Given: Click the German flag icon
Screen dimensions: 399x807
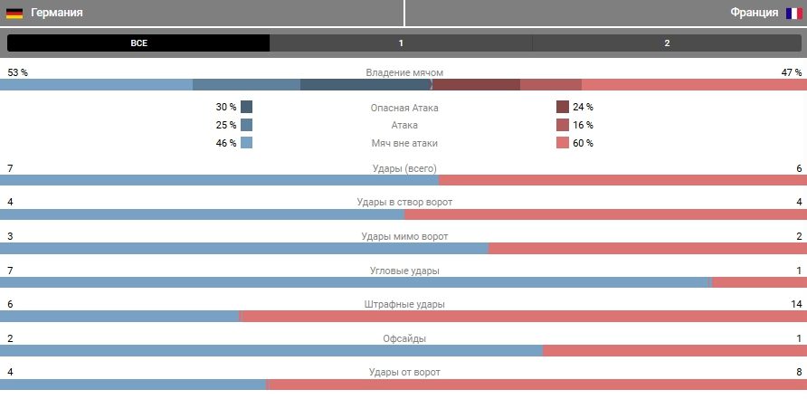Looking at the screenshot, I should [x=14, y=14].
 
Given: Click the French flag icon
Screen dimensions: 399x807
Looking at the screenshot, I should [x=793, y=14].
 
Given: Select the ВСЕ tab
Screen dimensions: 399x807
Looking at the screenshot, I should [x=138, y=43].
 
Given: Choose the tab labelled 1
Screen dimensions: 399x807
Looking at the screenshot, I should [x=401, y=43].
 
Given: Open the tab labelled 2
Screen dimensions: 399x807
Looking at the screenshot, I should [x=667, y=43].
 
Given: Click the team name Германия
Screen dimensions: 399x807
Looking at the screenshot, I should [x=57, y=14].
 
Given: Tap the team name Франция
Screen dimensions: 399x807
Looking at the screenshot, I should [x=754, y=14].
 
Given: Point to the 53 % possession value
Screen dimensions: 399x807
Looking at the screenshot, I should [x=17, y=72].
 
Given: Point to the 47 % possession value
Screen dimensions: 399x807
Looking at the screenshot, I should [x=792, y=72].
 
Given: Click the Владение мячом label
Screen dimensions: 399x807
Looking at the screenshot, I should [x=404, y=72].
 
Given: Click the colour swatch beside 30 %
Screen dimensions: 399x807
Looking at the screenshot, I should [x=247, y=107].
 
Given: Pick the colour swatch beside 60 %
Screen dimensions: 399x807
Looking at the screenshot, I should [x=562, y=143].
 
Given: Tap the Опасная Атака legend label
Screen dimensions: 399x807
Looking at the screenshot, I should [x=404, y=108].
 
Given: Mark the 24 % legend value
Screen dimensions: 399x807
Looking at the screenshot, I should [x=583, y=107].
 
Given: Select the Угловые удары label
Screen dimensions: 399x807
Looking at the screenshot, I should [x=404, y=271].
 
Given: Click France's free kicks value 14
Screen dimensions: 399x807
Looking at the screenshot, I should [x=796, y=304].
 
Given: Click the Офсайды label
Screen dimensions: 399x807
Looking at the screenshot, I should [x=404, y=338].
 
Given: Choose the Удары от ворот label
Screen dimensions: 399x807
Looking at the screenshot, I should [x=404, y=372].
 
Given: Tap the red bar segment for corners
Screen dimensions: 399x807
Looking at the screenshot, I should [x=759, y=282].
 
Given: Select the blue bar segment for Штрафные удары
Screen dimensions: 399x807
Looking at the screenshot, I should [x=119, y=317].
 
